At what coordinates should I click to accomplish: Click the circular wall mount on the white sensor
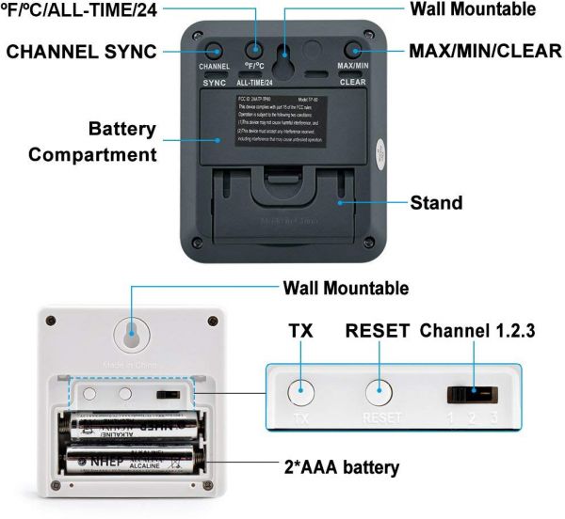[132, 336]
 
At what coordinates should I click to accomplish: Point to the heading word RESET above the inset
[378, 331]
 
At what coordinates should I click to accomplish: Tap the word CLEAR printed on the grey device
[352, 82]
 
